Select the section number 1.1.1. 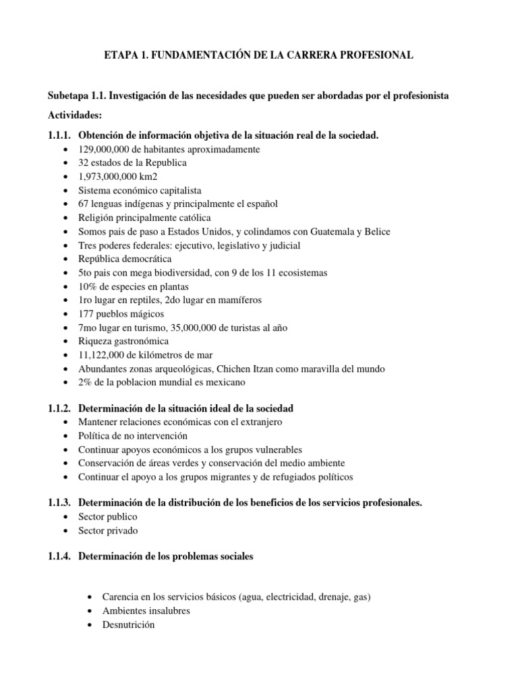pyautogui.click(x=59, y=135)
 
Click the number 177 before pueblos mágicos pyautogui.click(x=87, y=314)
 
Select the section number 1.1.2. pyautogui.click(x=59, y=408)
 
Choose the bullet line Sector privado pyautogui.click(x=108, y=530)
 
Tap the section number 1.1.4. pyautogui.click(x=59, y=557)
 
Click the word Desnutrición pyautogui.click(x=128, y=625)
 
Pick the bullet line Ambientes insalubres pyautogui.click(x=146, y=611)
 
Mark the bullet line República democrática pyautogui.click(x=125, y=259)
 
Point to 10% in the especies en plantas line pyautogui.click(x=88, y=286)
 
